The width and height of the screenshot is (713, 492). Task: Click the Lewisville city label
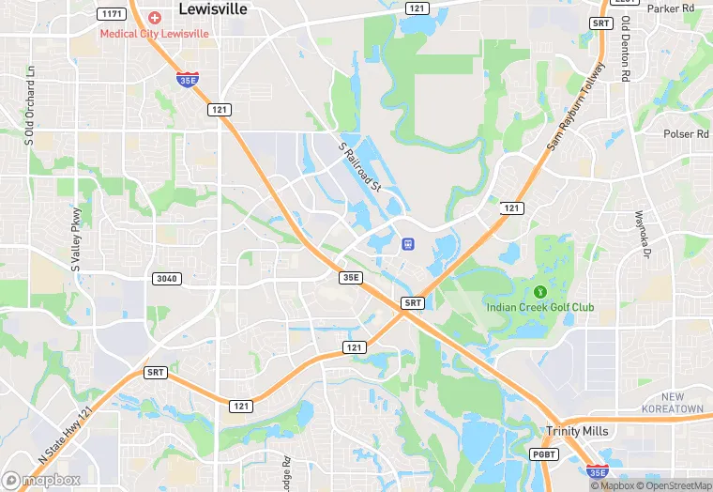click(213, 8)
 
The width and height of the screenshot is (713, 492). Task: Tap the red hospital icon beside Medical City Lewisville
click(154, 19)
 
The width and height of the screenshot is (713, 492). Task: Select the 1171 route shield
click(112, 13)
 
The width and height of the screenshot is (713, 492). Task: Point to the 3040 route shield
click(165, 278)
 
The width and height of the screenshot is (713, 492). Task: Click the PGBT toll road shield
click(544, 454)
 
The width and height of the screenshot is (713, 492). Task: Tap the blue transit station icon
click(408, 244)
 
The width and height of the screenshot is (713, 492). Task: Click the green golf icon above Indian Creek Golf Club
click(539, 291)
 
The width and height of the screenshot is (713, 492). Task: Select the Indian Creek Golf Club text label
click(539, 307)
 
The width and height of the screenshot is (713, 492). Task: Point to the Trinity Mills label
click(577, 431)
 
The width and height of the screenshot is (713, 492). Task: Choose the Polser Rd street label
click(686, 134)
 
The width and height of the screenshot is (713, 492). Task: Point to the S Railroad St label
click(360, 166)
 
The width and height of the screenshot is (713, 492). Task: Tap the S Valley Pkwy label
click(76, 238)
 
